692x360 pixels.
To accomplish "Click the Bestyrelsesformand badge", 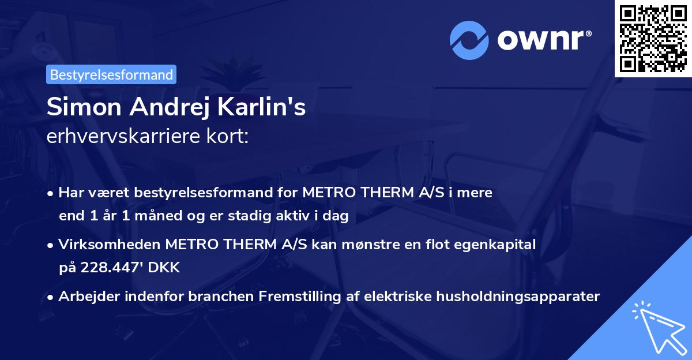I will pyautogui.click(x=111, y=74).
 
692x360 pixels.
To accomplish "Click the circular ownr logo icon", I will pyautogui.click(x=469, y=40).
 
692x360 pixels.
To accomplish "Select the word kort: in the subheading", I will pyautogui.click(x=228, y=137).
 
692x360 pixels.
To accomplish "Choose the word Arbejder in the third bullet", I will pyautogui.click(x=84, y=297).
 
